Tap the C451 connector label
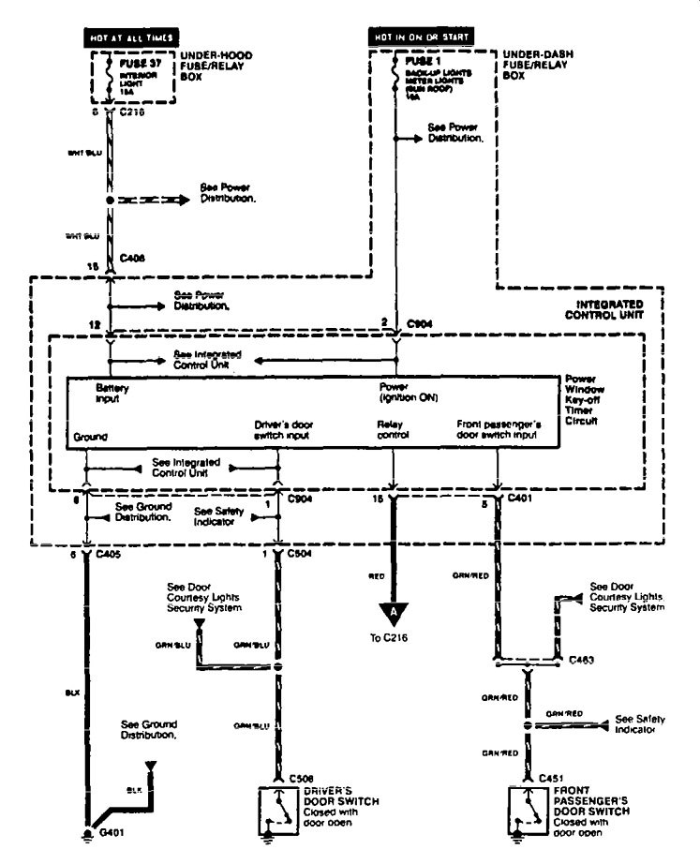pos(552,777)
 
